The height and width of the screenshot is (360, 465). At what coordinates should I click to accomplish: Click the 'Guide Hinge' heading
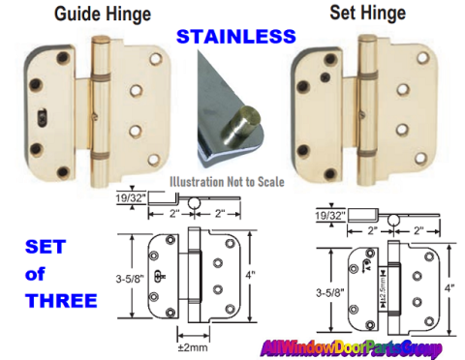[x=103, y=14]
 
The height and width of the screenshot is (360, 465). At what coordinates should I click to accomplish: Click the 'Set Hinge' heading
[x=367, y=13]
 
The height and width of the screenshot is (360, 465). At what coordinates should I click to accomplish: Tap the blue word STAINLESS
[x=236, y=37]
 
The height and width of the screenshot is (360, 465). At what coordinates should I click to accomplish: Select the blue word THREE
[x=61, y=301]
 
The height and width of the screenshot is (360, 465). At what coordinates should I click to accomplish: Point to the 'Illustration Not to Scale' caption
[x=227, y=182]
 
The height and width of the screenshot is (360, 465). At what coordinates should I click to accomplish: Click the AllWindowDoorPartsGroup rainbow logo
[x=351, y=348]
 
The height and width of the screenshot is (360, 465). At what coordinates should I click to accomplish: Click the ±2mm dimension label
[x=193, y=347]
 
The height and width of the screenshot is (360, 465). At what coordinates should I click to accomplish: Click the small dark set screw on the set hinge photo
[x=325, y=76]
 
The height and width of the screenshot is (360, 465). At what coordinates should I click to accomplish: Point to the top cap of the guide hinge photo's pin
[x=100, y=41]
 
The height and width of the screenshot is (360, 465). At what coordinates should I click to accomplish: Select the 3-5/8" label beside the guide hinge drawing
[x=130, y=279]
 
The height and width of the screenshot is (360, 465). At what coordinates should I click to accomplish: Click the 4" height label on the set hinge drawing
[x=449, y=287]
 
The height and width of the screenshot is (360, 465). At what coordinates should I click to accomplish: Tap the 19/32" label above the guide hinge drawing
[x=131, y=198]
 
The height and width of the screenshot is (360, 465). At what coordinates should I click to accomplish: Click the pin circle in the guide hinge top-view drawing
[x=194, y=203]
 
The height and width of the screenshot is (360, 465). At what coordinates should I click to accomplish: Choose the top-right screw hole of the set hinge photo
[x=422, y=58]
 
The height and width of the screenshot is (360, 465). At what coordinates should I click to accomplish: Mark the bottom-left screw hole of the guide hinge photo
[x=63, y=173]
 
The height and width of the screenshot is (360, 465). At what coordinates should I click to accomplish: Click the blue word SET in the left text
[x=46, y=247]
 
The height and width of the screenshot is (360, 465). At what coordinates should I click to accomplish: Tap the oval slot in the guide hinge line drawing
[x=159, y=276]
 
